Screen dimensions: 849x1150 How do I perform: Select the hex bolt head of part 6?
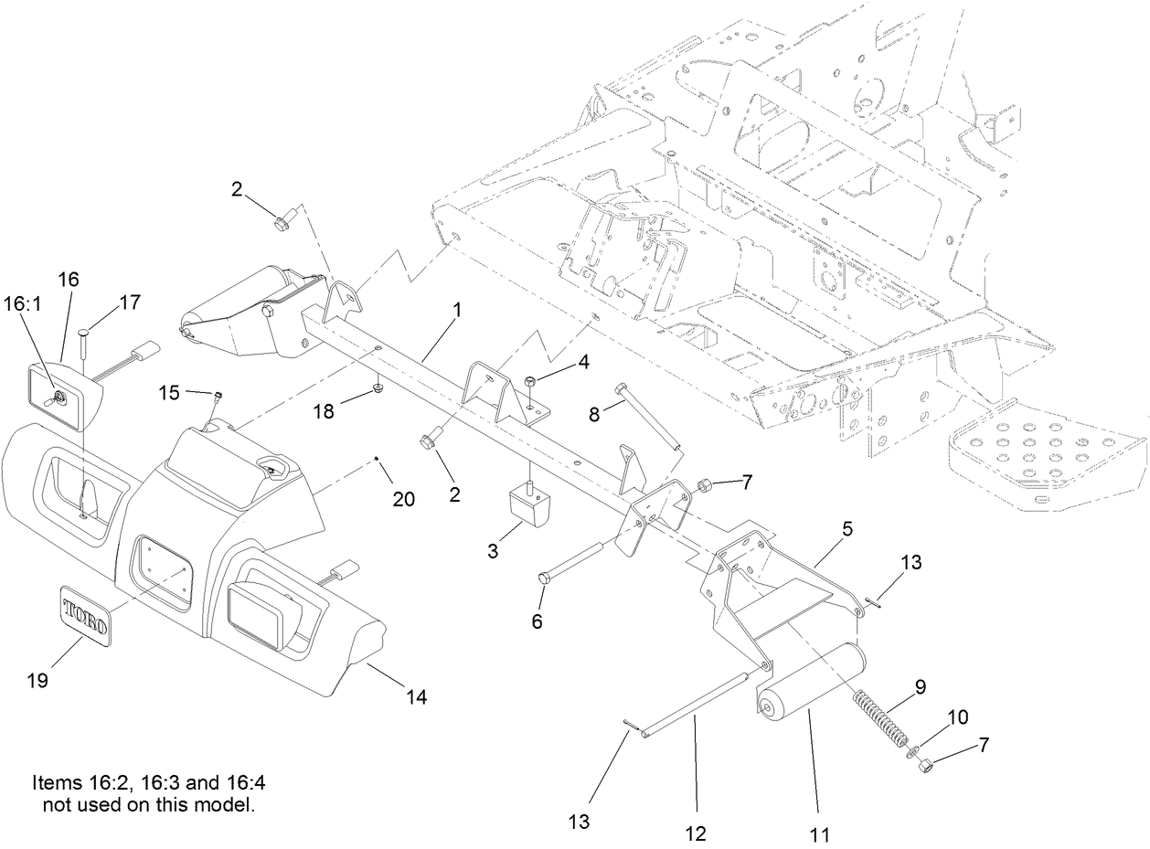pos(544,578)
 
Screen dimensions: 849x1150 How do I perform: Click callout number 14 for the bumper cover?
pos(417,696)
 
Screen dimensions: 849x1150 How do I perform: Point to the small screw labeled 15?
pos(219,395)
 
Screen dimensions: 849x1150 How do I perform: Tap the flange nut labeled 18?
pos(377,392)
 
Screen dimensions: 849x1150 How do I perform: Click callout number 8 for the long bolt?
pos(595,412)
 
